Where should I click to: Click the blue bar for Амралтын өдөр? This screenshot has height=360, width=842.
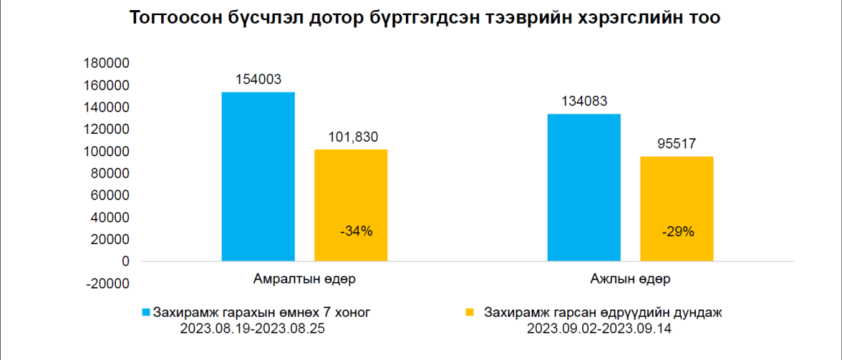[258, 176]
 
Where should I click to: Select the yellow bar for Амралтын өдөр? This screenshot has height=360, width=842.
[350, 205]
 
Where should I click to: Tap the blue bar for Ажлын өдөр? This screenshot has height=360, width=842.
[584, 187]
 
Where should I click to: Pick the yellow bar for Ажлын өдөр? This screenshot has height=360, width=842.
[676, 209]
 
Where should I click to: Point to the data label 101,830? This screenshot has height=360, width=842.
[350, 137]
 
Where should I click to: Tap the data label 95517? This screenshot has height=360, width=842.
[676, 144]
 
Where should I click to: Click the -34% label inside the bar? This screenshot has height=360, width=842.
[356, 231]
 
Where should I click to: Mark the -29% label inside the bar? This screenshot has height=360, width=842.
[678, 231]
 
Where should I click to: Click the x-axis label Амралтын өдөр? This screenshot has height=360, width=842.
[304, 278]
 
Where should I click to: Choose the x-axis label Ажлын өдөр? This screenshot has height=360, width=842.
[630, 278]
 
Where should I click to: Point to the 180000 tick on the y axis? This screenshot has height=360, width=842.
[107, 63]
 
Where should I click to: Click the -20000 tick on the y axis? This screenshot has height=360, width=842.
[108, 284]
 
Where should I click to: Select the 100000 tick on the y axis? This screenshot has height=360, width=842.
[107, 151]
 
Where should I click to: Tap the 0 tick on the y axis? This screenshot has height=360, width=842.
[126, 261]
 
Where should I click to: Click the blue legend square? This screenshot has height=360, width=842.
[146, 312]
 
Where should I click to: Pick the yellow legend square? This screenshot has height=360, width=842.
[470, 312]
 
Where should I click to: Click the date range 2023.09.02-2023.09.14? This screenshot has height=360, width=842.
[603, 328]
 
